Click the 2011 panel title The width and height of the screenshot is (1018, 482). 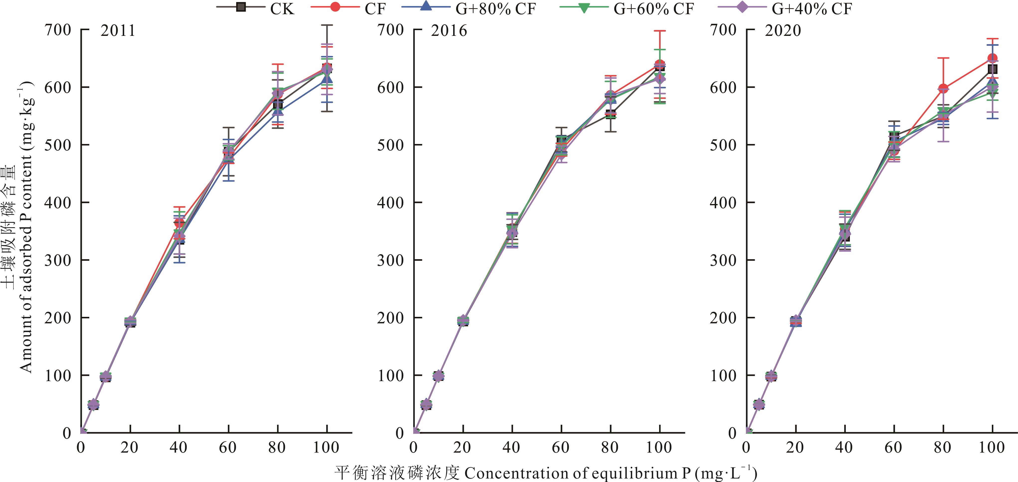click(x=118, y=31)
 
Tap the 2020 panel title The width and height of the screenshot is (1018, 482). click(x=783, y=31)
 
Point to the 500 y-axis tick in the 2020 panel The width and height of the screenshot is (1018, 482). click(x=723, y=145)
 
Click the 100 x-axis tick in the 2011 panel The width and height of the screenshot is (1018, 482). click(x=326, y=448)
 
